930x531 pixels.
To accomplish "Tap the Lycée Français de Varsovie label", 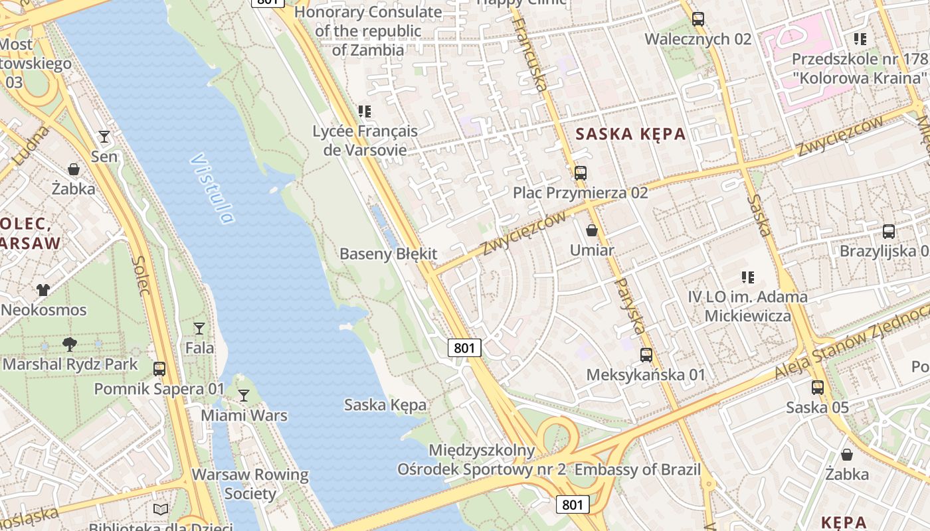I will point(365,140).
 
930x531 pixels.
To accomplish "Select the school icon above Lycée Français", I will point(364,111).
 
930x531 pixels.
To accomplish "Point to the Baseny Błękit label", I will point(389,254).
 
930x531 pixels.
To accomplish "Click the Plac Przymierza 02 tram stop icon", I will point(581,173).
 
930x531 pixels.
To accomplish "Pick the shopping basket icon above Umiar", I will point(592,230).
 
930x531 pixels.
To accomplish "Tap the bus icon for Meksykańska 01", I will point(646,355).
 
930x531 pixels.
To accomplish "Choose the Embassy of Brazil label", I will point(638,470).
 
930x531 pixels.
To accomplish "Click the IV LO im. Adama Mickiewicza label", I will point(748,306).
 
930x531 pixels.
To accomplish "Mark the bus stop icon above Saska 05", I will point(818,387).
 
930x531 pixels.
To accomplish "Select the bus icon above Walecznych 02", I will point(697,19).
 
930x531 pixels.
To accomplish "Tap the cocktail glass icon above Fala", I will point(199,328).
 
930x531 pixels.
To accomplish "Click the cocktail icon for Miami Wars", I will point(244,396).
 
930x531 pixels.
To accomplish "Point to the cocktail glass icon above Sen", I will point(104,137).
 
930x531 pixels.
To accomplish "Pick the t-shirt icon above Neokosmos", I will point(43,289).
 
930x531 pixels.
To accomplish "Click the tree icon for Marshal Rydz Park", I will point(70,344).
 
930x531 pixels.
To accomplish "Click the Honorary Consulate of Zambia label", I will point(368,31).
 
